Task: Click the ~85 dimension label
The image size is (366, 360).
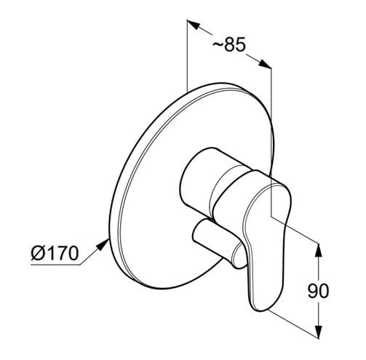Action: pyautogui.click(x=229, y=44)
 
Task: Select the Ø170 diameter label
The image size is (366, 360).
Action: pyautogui.click(x=55, y=253)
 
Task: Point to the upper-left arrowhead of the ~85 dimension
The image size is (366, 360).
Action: pyautogui.click(x=193, y=25)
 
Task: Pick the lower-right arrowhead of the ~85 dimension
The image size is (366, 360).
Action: pyautogui.click(x=265, y=63)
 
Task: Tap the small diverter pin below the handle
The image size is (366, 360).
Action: pyautogui.click(x=218, y=242)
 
